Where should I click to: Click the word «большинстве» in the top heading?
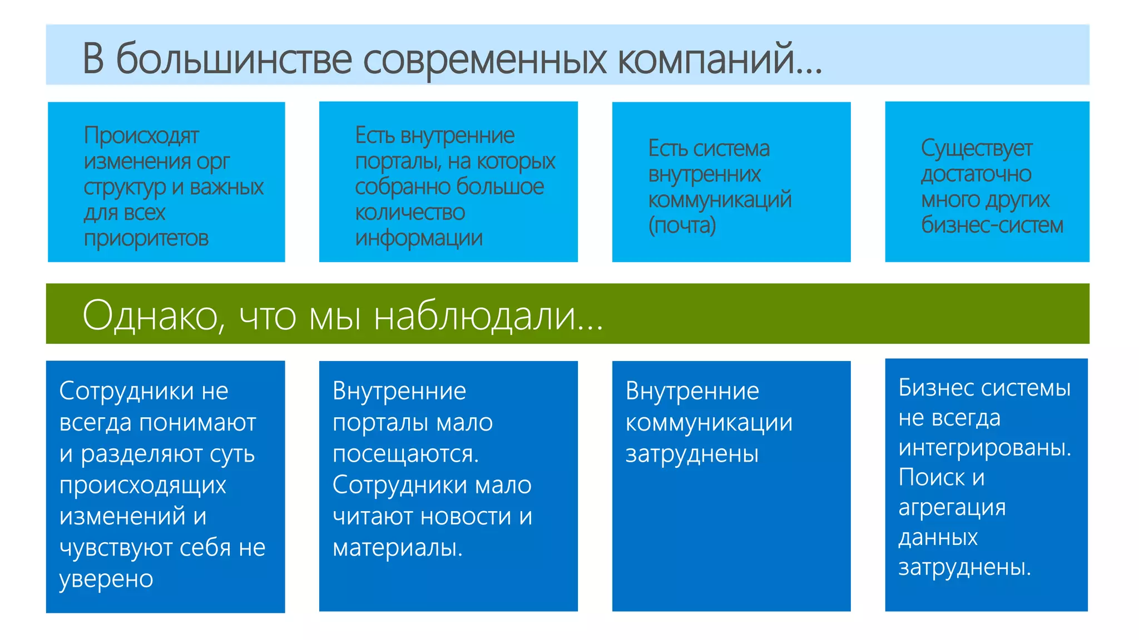point(234,59)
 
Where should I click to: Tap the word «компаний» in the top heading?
point(706,59)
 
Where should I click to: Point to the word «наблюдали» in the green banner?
point(476,316)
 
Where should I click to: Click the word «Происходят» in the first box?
point(141,136)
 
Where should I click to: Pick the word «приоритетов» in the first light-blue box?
point(146,238)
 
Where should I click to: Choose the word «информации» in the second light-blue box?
point(418,238)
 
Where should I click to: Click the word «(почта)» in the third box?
point(682,226)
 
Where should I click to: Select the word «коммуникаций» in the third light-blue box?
point(720,200)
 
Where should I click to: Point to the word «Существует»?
point(976,149)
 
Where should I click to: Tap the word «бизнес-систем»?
point(992,226)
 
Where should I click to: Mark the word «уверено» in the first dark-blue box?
point(106,579)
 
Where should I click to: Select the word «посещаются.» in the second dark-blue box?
point(405,454)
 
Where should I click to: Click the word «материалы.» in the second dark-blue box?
point(398,548)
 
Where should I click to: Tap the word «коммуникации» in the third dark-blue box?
point(709,423)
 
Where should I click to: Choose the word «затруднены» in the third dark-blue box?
point(692,454)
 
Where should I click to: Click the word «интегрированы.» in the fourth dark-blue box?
point(984,448)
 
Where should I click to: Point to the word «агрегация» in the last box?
point(952,507)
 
